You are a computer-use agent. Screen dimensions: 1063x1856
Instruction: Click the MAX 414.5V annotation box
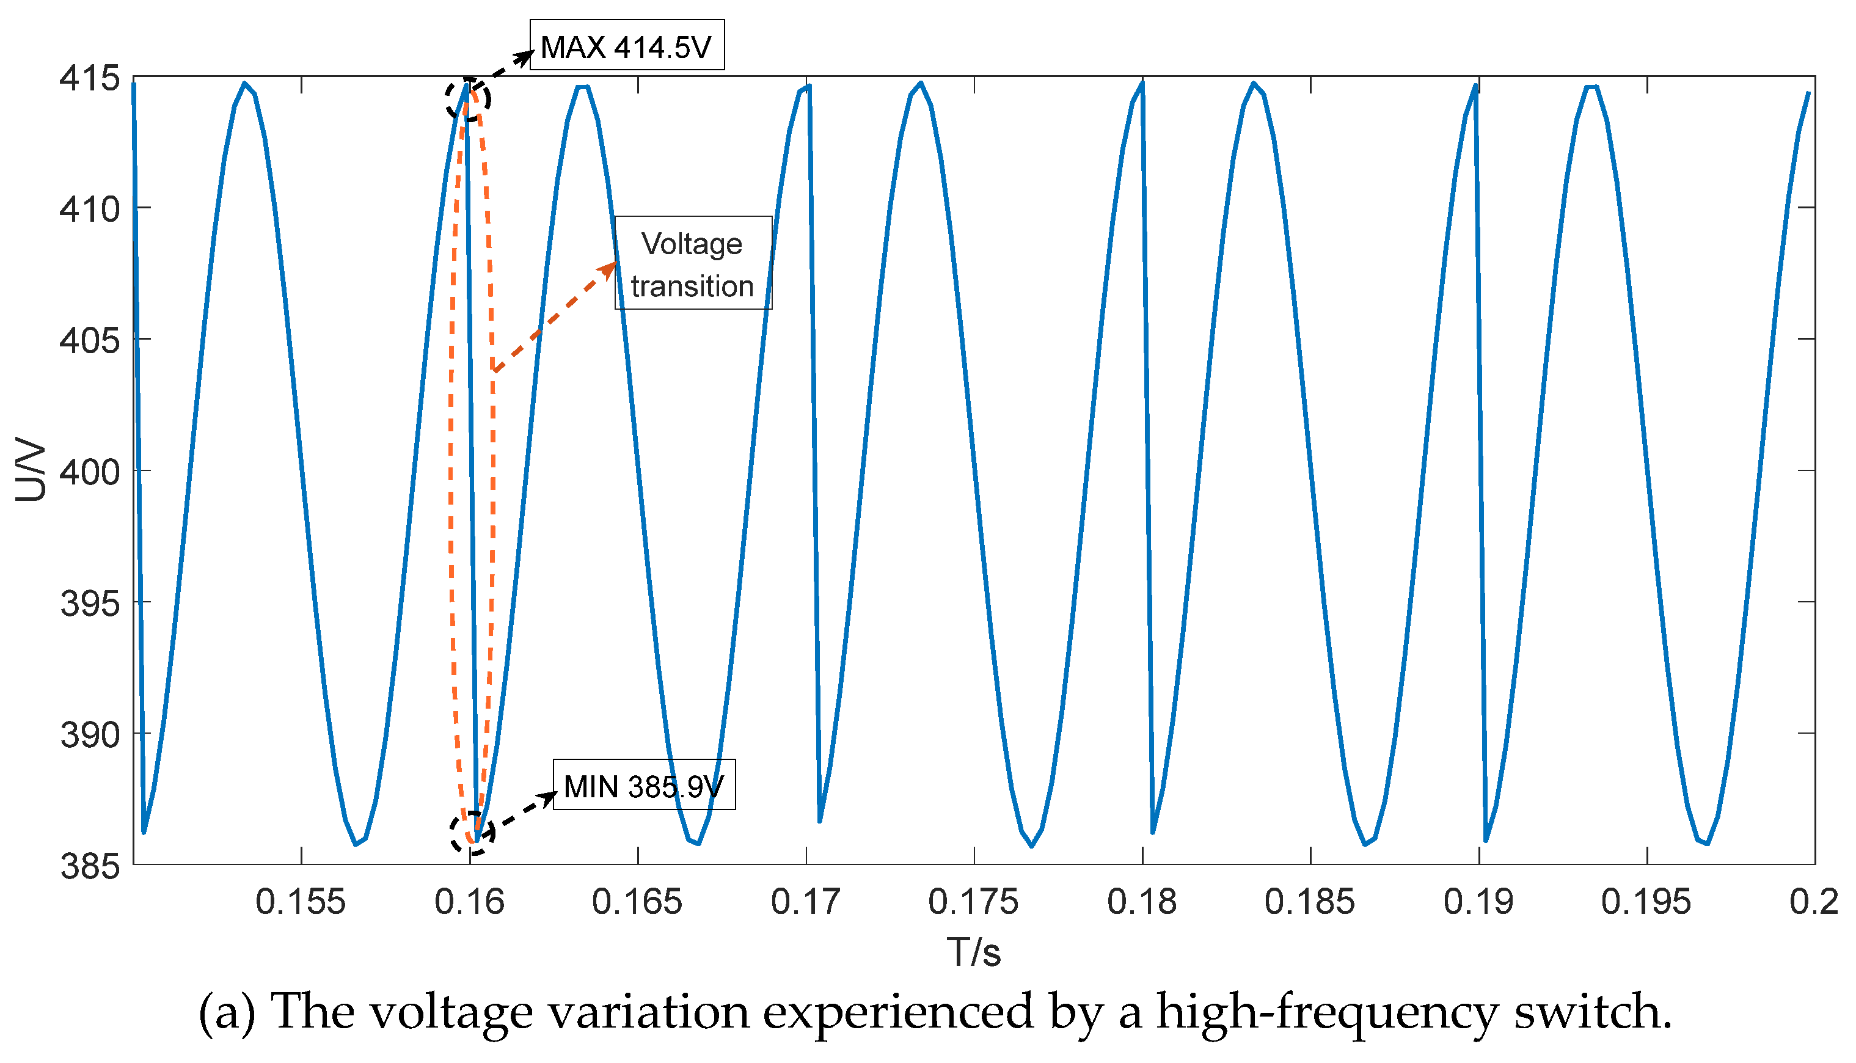(626, 45)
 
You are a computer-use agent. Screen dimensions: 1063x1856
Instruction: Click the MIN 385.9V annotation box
(644, 786)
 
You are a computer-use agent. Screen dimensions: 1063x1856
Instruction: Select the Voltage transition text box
(693, 263)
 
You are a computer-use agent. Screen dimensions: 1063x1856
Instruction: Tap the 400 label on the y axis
(90, 472)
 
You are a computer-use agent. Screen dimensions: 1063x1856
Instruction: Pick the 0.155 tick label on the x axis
(300, 902)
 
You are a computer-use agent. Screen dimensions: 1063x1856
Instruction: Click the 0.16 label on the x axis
(469, 902)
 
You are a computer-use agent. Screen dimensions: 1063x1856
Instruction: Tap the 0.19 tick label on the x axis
(1478, 902)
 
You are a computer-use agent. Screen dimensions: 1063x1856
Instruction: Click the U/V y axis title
(31, 470)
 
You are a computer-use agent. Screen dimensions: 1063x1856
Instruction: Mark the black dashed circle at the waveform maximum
(468, 98)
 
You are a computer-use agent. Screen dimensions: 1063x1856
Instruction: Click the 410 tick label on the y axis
(90, 210)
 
